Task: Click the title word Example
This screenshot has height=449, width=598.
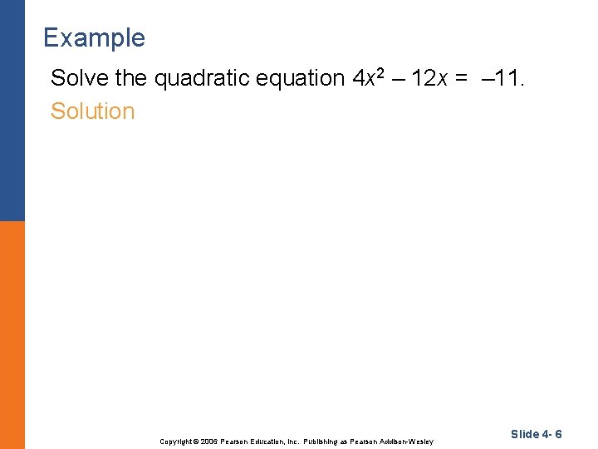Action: click(94, 38)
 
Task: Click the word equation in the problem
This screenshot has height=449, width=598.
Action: click(295, 78)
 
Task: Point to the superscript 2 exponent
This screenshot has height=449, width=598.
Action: click(382, 73)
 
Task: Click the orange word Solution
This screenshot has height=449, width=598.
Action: click(92, 111)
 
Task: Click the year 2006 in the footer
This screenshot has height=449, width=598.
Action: click(211, 441)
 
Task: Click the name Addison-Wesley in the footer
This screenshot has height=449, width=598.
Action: click(407, 441)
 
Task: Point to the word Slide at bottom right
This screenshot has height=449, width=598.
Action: click(525, 434)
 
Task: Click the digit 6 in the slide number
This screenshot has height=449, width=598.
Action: click(558, 434)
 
